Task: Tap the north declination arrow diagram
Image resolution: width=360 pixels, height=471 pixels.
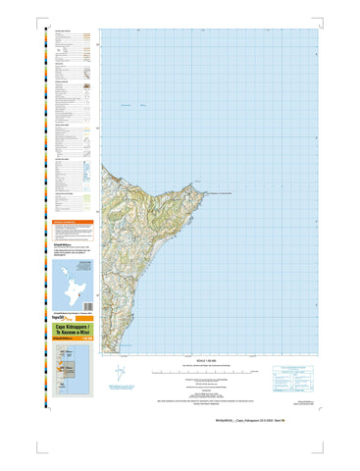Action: point(118,373)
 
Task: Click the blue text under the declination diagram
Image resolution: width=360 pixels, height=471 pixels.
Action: point(120,391)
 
